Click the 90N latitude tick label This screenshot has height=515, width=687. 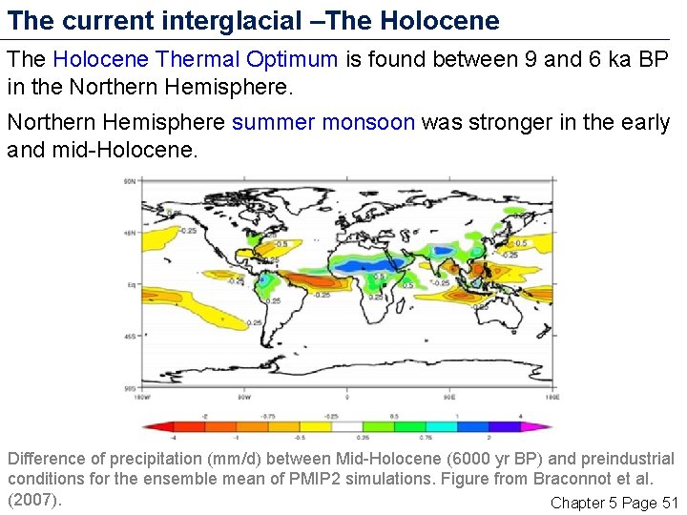tap(127, 180)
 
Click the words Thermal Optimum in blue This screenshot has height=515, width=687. tap(247, 59)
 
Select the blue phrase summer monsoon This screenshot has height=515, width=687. tap(323, 122)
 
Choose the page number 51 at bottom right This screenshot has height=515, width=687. tap(669, 503)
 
